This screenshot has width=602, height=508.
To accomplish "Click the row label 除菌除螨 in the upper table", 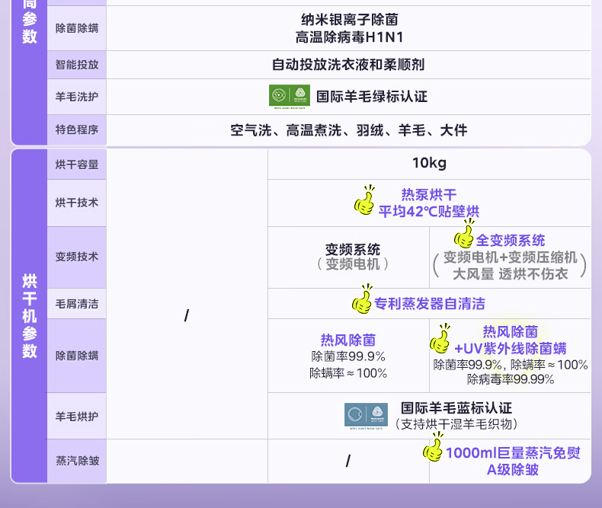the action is click(x=77, y=28).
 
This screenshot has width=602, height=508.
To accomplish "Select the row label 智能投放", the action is click(x=77, y=65).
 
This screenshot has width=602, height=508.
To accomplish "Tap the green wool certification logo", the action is click(x=290, y=96).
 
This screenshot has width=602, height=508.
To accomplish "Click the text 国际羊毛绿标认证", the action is click(x=372, y=97).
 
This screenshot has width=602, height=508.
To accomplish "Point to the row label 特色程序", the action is click(x=77, y=130).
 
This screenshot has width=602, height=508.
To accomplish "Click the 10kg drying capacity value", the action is click(x=429, y=163).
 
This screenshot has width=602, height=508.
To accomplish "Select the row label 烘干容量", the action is click(x=77, y=164).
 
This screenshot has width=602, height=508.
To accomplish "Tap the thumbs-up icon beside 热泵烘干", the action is click(x=365, y=201).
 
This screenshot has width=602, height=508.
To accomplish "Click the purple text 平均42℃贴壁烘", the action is click(x=429, y=212).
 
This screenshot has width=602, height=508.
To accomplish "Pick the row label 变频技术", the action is click(x=77, y=257).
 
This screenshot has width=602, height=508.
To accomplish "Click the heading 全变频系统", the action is click(x=511, y=241).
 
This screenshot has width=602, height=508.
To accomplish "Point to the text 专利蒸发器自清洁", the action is click(x=430, y=304).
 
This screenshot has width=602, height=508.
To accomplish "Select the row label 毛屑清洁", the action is click(x=77, y=304).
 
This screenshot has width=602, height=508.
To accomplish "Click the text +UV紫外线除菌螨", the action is click(x=511, y=349).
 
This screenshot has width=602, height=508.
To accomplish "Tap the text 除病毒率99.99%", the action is click(x=511, y=379).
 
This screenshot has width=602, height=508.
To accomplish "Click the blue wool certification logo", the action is click(x=366, y=416).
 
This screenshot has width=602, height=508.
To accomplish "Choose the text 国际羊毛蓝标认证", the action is click(x=456, y=409).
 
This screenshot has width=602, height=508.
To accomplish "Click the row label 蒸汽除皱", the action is click(x=77, y=461).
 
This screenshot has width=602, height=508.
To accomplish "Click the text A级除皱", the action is click(x=513, y=470).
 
